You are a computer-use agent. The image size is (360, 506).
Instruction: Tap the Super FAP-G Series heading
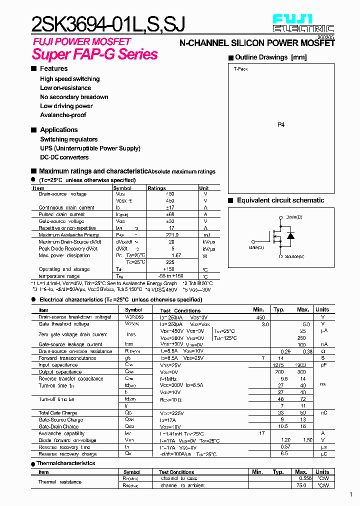[95, 54]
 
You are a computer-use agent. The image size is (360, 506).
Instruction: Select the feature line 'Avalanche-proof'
[63, 115]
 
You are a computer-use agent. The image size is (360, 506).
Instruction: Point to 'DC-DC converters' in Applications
[64, 157]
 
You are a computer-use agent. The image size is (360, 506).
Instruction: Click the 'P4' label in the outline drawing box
[281, 125]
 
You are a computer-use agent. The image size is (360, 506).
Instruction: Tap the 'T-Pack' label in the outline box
[240, 69]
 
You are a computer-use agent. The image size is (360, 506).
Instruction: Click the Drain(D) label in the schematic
[294, 217]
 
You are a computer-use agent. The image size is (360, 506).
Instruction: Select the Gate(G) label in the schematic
[256, 247]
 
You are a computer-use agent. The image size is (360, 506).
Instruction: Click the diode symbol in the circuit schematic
[290, 236]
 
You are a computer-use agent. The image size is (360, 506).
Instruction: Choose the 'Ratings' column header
[156, 188]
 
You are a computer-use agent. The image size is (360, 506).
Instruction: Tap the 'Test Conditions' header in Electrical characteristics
[180, 310]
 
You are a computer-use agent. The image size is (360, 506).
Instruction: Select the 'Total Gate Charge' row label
[58, 413]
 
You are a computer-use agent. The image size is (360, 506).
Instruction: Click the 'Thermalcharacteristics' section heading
[66, 463]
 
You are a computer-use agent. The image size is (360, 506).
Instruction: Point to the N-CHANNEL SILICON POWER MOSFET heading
[257, 44]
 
